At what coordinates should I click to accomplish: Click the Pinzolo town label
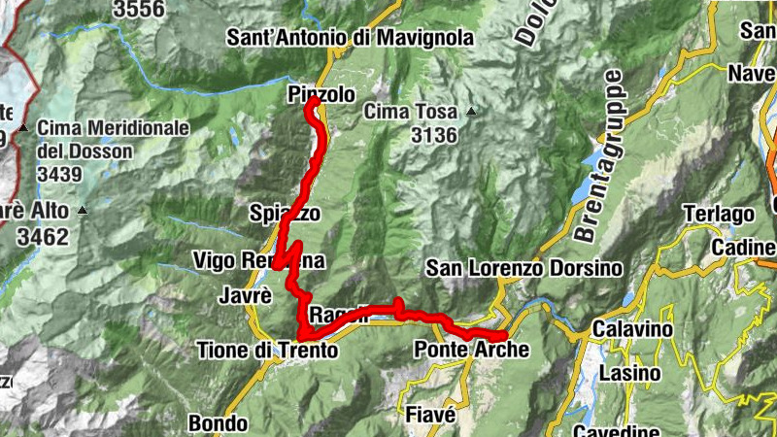[321, 94]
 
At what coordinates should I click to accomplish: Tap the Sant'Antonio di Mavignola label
[350, 38]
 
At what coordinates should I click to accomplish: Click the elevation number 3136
[433, 136]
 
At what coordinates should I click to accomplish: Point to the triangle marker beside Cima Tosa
[471, 112]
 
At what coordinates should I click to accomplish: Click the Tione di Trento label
[267, 350]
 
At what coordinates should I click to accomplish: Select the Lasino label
[629, 373]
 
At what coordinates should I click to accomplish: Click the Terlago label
[719, 214]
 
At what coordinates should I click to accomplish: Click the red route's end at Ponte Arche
[505, 336]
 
